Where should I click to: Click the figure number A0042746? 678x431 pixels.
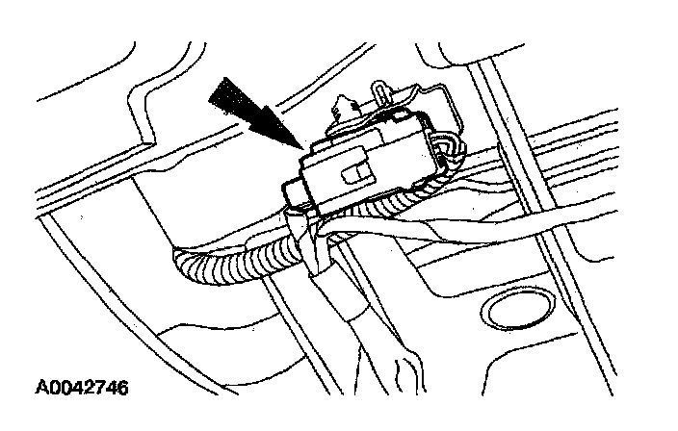[x=82, y=388]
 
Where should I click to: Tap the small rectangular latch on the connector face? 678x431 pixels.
[x=354, y=173]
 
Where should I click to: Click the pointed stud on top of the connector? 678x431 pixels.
[x=345, y=105]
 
